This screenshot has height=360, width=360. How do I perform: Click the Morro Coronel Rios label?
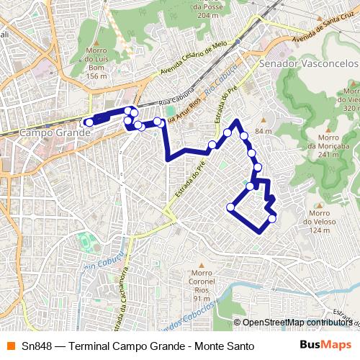point(202,285)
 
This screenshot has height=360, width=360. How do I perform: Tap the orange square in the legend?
point(11,346)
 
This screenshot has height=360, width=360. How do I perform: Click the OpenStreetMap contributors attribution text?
point(295,323)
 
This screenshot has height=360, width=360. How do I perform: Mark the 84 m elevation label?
point(264,130)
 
